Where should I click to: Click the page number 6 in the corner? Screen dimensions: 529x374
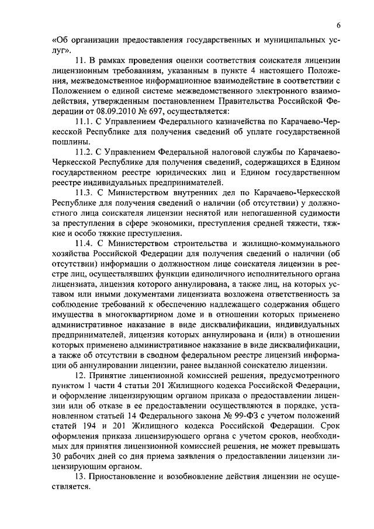[x=339, y=25]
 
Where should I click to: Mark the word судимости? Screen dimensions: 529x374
[x=319, y=212]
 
